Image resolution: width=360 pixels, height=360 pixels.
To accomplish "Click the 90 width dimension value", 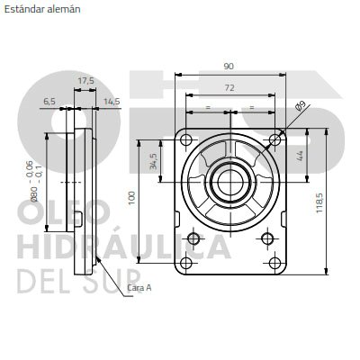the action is click(x=229, y=66).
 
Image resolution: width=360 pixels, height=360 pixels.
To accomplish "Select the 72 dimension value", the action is click(x=229, y=87).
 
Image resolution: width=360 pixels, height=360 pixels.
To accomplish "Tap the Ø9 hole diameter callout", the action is click(x=300, y=106).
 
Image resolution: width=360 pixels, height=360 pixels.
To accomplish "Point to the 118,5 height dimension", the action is click(x=319, y=203).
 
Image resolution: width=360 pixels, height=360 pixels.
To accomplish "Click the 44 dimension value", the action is click(x=300, y=156).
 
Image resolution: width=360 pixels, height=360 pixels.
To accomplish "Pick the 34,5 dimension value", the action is click(x=154, y=161).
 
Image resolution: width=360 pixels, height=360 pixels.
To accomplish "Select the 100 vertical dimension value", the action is click(x=132, y=198).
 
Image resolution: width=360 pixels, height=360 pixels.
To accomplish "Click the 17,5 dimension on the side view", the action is click(x=86, y=81).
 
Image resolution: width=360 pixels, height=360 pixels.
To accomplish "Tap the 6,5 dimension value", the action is click(x=49, y=102).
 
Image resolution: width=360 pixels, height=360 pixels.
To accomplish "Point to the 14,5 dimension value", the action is click(x=112, y=102).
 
